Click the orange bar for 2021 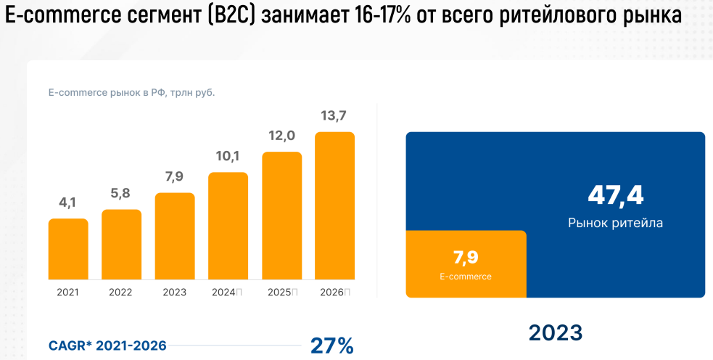click(68, 249)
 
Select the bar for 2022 click(121, 245)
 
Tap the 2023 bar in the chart click(175, 236)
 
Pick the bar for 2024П click(228, 226)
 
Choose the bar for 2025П click(281, 216)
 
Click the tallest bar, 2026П click(334, 205)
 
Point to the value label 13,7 click(334, 116)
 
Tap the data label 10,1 click(228, 156)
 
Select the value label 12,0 click(281, 136)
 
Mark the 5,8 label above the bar click(121, 194)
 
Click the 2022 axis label click(121, 292)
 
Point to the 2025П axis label click(282, 292)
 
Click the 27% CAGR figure click(331, 345)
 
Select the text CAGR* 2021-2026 click(107, 345)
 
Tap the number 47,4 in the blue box click(615, 195)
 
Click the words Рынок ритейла click(615, 223)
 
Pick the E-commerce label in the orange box click(466, 277)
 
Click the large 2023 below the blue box click(555, 332)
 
